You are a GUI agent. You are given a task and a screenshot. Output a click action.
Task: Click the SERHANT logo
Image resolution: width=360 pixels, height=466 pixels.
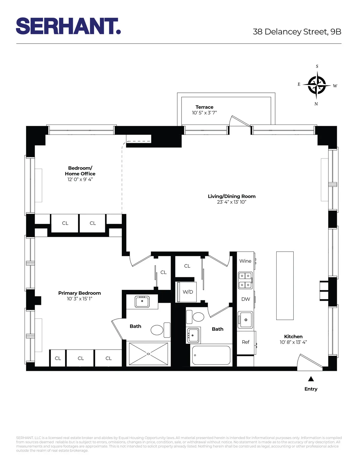[x=68, y=26]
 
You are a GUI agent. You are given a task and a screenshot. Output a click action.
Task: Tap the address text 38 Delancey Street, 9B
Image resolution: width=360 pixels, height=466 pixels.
[x=297, y=32]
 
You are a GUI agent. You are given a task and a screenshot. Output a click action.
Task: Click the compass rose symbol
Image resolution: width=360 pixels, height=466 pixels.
[x=317, y=85]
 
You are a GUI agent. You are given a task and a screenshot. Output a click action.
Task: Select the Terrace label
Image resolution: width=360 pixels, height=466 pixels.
[x=204, y=107]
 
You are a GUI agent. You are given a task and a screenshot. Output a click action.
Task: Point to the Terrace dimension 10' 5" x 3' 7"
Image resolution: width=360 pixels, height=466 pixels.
[x=204, y=113]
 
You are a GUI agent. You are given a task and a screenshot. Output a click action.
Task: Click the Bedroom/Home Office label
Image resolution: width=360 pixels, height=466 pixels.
[x=80, y=171]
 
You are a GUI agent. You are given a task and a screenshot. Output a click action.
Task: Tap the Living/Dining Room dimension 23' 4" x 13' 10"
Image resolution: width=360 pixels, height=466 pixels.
[x=231, y=202]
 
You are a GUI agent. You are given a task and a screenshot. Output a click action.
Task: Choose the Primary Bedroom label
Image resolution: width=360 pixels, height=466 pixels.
[x=79, y=293]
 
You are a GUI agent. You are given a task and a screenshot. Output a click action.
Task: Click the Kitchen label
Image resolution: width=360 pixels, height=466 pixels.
[x=293, y=337]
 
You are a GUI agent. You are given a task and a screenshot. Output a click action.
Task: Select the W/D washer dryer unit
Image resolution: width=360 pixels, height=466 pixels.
[x=187, y=292]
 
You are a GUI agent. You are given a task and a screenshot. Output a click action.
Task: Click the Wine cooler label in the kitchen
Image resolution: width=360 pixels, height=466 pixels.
[x=245, y=261]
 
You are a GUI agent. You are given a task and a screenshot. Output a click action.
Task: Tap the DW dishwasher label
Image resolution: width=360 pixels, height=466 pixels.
[x=245, y=299]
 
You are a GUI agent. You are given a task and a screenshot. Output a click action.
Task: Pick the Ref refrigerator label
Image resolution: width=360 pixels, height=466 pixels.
[x=245, y=342]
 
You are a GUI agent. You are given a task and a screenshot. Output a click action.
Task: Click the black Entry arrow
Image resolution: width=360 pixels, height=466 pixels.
[x=311, y=379]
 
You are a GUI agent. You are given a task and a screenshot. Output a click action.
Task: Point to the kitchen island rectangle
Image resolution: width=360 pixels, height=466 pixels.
[x=285, y=285]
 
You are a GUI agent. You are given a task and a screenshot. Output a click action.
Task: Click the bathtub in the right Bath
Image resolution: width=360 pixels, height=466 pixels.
[x=211, y=356]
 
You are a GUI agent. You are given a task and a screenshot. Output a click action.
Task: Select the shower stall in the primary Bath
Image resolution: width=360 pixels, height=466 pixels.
[x=148, y=354]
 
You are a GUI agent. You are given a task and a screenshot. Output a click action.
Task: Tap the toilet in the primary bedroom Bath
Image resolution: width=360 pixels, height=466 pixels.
[x=157, y=330]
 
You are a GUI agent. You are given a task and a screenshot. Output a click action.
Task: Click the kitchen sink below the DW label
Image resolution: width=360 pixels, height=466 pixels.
[x=245, y=320]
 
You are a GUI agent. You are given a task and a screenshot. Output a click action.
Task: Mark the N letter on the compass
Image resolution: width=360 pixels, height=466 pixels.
[x=316, y=104]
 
